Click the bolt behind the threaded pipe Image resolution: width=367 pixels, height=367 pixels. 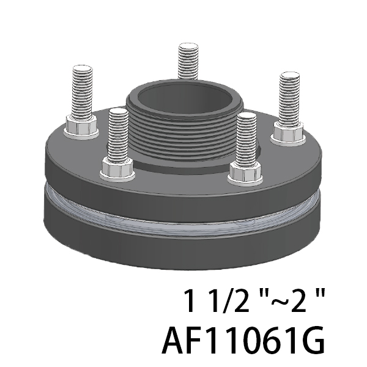pyautogui.click(x=188, y=61)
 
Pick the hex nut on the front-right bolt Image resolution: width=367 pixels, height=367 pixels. pyautogui.click(x=245, y=171)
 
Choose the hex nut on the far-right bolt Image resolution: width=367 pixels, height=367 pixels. pyautogui.click(x=289, y=132)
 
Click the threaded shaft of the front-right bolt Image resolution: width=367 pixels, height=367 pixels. pyautogui.click(x=247, y=139)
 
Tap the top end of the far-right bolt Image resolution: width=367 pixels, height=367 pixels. pyautogui.click(x=290, y=76)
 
